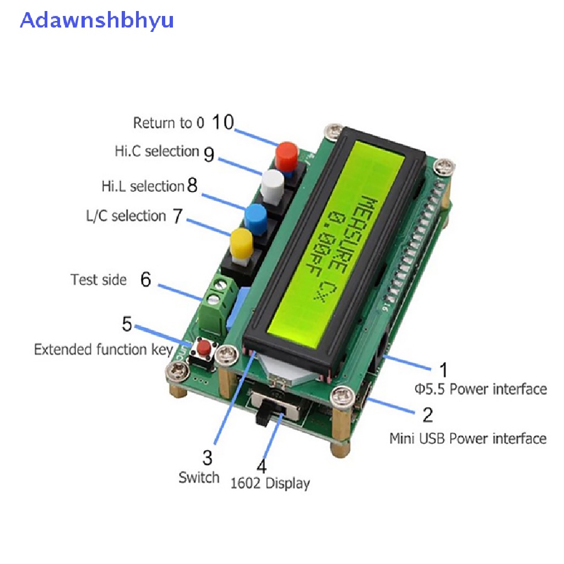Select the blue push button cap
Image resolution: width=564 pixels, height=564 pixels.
256,216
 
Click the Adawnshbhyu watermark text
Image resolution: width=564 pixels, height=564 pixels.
97,20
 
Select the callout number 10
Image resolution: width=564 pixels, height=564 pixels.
223,122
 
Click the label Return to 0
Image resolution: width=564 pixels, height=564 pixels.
169,123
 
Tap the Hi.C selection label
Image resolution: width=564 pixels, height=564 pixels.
156,151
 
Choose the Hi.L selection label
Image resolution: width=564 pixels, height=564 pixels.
142,186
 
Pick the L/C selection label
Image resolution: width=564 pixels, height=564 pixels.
126,216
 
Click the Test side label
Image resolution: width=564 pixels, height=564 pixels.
99,280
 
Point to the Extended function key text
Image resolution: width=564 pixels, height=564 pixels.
103,350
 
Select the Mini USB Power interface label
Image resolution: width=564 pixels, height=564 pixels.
468,438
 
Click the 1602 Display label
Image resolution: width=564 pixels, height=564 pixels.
270,484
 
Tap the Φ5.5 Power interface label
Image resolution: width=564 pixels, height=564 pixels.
480,389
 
